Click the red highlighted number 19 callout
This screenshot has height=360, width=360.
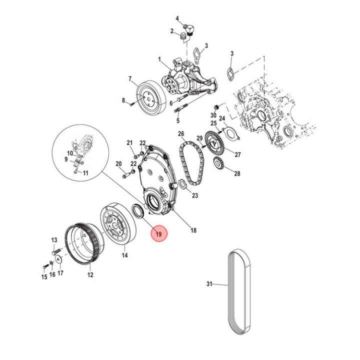click(159, 233)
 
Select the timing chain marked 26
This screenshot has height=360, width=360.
click(191, 162)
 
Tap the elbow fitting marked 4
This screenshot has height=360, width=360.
click(189, 29)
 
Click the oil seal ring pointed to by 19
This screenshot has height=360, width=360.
click(138, 210)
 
